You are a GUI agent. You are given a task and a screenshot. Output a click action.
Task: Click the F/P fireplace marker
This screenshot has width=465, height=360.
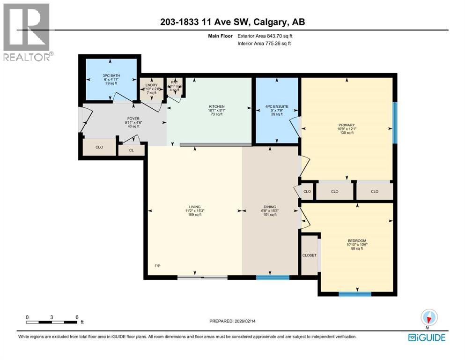tap(157, 266)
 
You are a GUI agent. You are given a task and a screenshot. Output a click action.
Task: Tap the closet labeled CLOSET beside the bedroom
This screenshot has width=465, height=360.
tap(309, 255)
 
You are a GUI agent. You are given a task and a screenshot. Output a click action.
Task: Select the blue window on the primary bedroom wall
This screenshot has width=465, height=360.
tap(394, 122)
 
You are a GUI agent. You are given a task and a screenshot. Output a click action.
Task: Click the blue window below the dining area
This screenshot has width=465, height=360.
tap(270, 277)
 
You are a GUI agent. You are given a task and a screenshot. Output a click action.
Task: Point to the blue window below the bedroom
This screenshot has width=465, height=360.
tap(355, 294)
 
